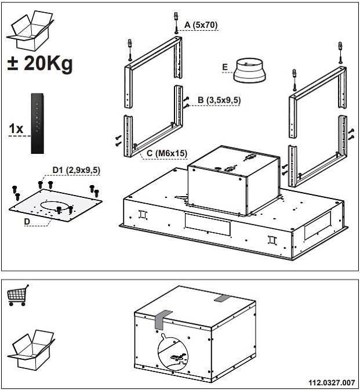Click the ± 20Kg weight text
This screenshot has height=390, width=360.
click(40, 63)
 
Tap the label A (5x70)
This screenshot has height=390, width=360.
click(201, 25)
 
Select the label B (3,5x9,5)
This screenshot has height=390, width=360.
click(219, 100)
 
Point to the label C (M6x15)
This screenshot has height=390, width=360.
click(166, 153)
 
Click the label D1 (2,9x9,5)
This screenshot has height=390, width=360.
click(77, 170)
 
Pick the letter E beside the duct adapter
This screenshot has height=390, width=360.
click(225, 67)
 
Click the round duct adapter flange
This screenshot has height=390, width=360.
click(249, 70)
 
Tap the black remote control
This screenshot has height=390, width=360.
click(37, 124)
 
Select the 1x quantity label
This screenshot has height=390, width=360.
click(16, 129)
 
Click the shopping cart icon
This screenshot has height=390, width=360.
click(18, 295)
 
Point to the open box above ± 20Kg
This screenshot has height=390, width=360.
click(30, 31)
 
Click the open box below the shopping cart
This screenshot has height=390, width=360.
click(31, 350)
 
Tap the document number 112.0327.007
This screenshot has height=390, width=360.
click(332, 382)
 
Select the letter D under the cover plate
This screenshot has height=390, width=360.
click(27, 221)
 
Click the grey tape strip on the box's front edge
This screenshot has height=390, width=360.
click(161, 319)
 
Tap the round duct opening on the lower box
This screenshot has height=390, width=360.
click(174, 352)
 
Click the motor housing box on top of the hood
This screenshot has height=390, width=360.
click(234, 180)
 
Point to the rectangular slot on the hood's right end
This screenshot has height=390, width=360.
click(318, 226)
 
